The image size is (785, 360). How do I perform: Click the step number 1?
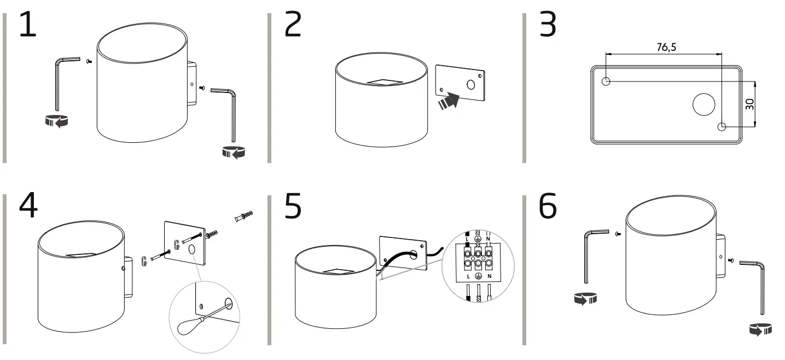tap(27, 26)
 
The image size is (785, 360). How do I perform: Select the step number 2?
tap(293, 26)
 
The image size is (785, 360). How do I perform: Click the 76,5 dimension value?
tap(666, 48)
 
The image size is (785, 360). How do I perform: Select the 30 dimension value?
tap(750, 104)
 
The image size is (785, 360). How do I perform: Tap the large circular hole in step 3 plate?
tap(703, 104)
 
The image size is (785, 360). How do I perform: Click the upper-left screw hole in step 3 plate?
tap(606, 82)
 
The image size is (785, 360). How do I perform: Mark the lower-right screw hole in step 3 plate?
tap(722, 127)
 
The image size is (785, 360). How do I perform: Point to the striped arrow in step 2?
tap(449, 101)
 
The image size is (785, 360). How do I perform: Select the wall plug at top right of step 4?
tap(243, 216)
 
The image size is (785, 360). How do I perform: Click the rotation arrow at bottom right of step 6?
tap(760, 329)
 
